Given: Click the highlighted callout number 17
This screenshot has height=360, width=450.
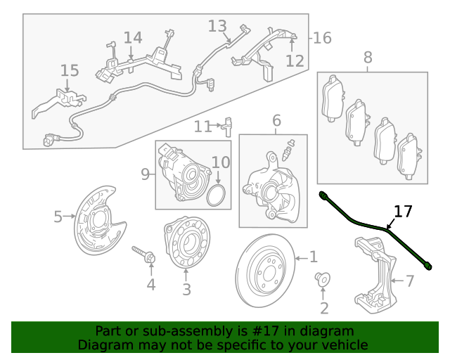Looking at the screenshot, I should (403, 211).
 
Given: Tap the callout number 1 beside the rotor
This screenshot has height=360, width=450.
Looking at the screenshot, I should (314, 257).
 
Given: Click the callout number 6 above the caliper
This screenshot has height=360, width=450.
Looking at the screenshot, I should (276, 120).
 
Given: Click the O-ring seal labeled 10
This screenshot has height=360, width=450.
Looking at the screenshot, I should (219, 196).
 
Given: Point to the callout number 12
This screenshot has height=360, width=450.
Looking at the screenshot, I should (295, 61).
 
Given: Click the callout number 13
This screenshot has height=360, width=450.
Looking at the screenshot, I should (218, 26).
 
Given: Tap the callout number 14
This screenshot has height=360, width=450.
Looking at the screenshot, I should (133, 37).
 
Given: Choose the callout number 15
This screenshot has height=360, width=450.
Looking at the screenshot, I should (70, 70).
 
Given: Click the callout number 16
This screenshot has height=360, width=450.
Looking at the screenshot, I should (321, 38).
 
